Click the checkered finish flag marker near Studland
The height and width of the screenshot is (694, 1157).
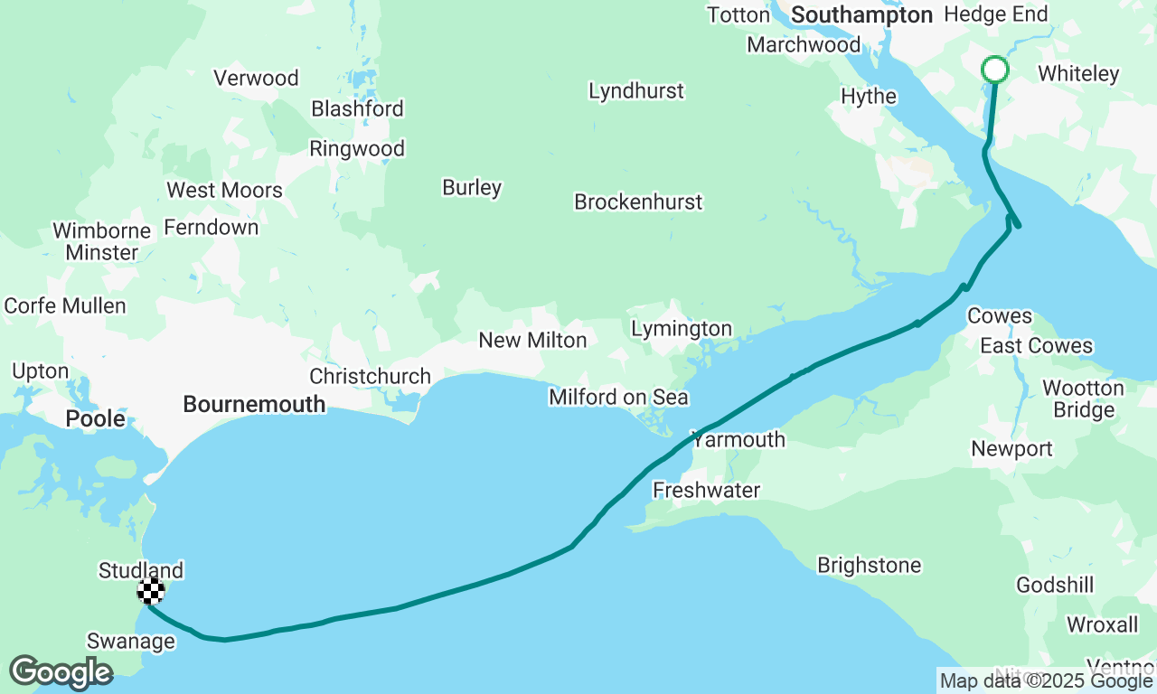(x=151, y=591)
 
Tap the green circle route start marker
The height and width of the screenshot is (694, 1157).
(x=994, y=70)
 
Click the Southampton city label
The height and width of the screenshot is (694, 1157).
(x=861, y=15)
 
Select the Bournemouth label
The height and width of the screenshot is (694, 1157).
(x=254, y=404)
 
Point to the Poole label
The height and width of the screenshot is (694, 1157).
(x=96, y=419)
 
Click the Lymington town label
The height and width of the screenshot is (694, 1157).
(x=682, y=329)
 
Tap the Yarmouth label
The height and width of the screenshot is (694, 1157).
(x=738, y=440)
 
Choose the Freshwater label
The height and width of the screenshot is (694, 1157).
(x=707, y=491)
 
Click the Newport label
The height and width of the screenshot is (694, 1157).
(x=1011, y=449)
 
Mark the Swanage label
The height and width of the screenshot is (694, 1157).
(x=131, y=642)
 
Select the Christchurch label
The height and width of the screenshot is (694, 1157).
(x=370, y=376)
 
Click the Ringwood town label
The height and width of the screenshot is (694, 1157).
(x=357, y=149)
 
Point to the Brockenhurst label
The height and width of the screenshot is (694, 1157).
(x=638, y=202)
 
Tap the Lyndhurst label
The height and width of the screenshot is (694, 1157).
(x=636, y=91)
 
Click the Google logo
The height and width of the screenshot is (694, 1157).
(x=61, y=673)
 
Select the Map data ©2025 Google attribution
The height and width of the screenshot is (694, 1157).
(x=1047, y=681)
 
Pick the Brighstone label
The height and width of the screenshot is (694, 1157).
(x=869, y=566)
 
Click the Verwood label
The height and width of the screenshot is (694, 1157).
(x=256, y=79)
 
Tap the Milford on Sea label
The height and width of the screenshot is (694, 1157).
(x=618, y=398)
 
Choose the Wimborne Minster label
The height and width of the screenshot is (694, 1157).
(x=101, y=241)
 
